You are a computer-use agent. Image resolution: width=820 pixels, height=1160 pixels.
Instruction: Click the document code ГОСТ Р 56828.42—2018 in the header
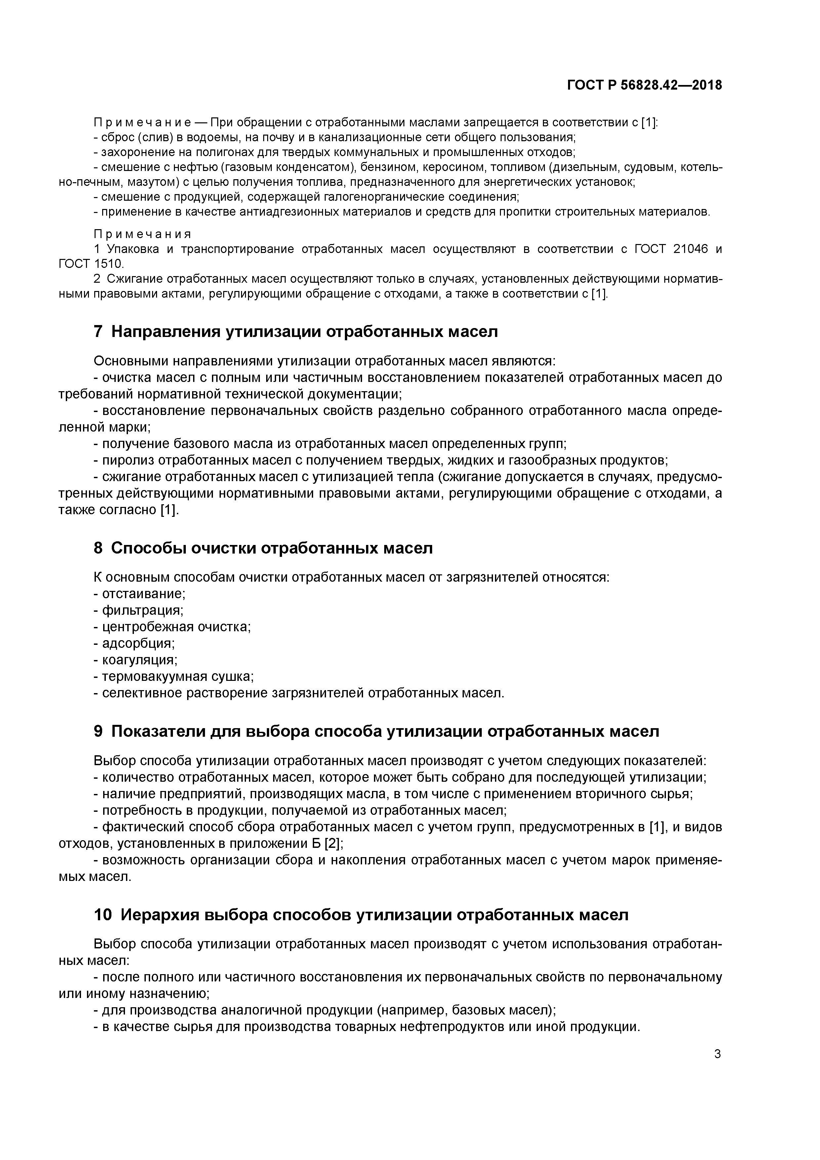tap(644, 85)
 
